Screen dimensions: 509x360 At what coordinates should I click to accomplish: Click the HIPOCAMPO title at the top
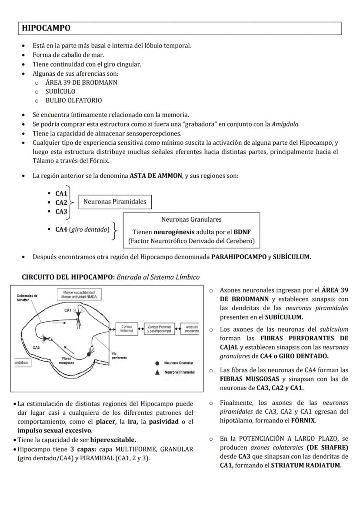46,28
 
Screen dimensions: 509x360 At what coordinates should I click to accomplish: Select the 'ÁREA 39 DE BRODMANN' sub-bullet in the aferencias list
81,82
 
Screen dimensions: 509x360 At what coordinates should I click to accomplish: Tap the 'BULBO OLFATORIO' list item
74,100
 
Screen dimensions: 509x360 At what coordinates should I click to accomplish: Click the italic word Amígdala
285,124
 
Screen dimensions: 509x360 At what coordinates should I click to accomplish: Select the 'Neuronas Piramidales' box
115,202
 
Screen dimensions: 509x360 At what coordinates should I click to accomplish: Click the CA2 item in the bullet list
61,203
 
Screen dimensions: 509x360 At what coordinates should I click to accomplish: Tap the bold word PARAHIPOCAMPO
238,257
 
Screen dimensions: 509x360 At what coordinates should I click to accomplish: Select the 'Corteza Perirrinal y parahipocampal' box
159,329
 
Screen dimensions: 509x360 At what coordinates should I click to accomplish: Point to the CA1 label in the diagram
67,310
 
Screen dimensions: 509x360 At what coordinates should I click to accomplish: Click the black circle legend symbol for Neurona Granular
157,363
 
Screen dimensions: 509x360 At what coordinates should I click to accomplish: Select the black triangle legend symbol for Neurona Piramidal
157,372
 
